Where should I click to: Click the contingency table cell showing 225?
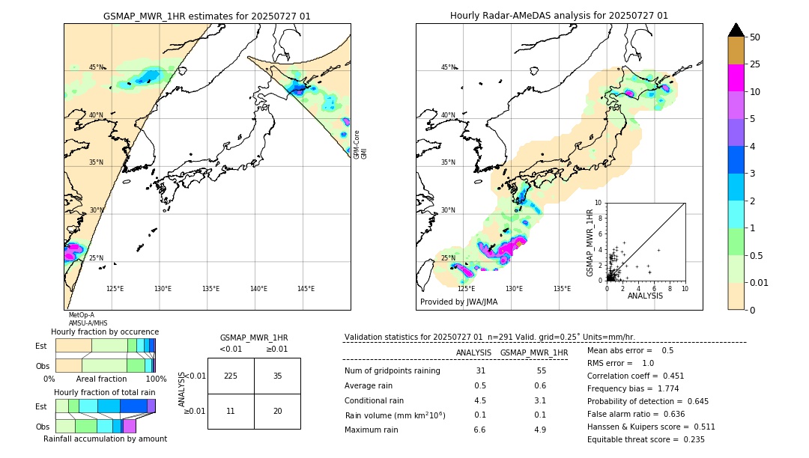(x=231, y=376)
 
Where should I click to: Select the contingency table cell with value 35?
(x=277, y=376)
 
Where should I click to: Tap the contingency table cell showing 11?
(x=231, y=411)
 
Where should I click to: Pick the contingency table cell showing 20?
(x=277, y=411)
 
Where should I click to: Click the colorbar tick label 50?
(x=755, y=37)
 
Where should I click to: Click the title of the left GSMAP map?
(x=207, y=16)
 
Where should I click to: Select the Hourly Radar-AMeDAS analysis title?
(x=559, y=16)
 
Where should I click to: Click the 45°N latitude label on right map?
(x=448, y=67)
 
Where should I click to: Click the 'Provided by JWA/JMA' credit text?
(x=458, y=302)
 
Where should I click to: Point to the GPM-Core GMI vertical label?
(x=360, y=144)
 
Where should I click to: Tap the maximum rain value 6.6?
(x=480, y=430)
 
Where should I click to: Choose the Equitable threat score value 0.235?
(x=689, y=439)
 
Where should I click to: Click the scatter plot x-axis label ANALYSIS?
(x=646, y=296)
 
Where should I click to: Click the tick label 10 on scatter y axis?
(x=599, y=203)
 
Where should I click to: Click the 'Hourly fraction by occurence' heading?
(x=105, y=332)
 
